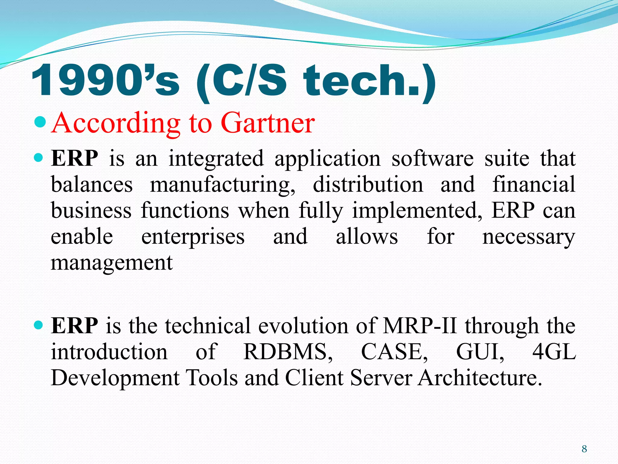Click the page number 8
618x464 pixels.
point(584,449)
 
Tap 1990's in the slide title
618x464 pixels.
point(105,81)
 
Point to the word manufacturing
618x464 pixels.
point(222,185)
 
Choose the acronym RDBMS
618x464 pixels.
point(288,352)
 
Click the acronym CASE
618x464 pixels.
point(394,352)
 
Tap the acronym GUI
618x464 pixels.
point(480,352)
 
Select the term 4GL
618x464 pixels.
point(554,352)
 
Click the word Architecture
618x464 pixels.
point(480,378)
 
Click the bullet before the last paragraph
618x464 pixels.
point(39,325)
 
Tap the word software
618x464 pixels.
point(432,159)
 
